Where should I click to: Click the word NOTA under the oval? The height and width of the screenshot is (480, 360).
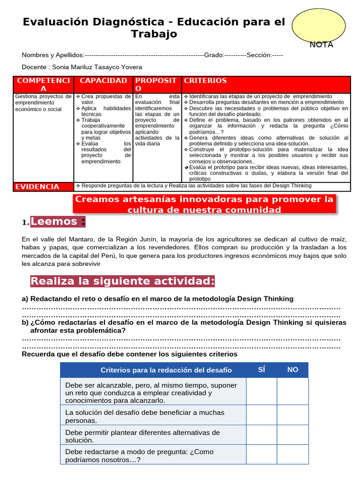321,45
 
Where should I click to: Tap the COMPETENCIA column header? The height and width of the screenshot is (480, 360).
44,85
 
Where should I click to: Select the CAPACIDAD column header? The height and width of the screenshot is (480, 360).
104,81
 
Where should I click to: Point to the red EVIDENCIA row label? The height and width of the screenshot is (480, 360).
37,187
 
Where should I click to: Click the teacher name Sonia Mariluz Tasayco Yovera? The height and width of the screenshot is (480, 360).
97,67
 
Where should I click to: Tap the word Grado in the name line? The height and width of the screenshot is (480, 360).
213,55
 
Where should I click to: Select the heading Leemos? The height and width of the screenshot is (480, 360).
58,221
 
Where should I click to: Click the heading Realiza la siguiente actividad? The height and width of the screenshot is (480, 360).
122,281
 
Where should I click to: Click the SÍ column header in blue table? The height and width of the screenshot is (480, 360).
262,369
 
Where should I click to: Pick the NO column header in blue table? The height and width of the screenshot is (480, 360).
292,369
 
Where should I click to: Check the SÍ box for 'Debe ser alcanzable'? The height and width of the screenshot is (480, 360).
262,392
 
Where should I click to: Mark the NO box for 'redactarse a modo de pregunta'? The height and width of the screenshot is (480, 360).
292,455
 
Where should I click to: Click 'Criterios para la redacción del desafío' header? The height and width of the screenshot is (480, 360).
166,370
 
